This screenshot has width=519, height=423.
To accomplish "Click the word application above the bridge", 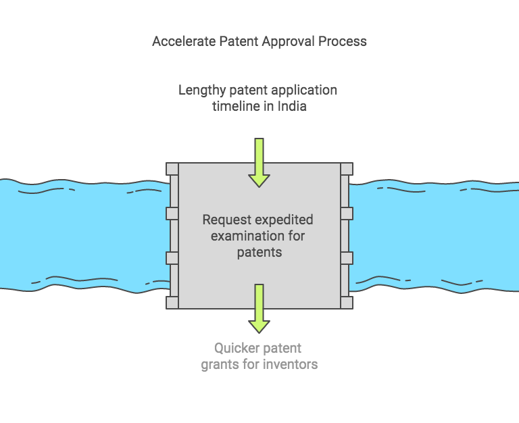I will tap(303, 90).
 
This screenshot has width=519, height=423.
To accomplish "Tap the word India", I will tap(291, 106).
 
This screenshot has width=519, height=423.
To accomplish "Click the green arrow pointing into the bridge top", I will tap(259, 162).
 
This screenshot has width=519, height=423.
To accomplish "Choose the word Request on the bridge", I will tap(226, 220).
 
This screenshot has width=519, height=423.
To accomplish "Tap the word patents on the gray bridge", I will tap(259, 252).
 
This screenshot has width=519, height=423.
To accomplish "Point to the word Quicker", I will tap(237, 349).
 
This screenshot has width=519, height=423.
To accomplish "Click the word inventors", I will tap(290, 365).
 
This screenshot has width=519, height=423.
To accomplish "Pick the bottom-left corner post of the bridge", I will tap(172, 302).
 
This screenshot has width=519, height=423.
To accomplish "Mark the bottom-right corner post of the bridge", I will tap(346, 302).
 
